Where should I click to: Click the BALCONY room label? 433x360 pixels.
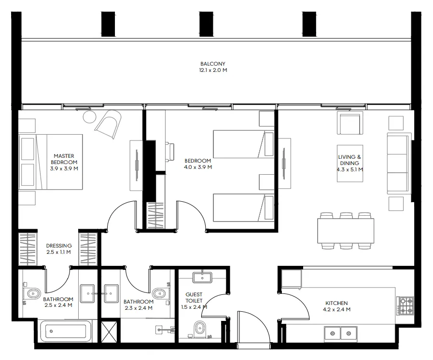point(212,64)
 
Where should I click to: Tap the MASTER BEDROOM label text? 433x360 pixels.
point(64,159)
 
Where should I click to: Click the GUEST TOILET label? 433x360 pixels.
point(194,297)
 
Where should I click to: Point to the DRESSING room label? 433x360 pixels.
point(59,246)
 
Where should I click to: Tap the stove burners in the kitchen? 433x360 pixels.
point(405,305)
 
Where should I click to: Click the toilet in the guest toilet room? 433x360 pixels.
point(198,331)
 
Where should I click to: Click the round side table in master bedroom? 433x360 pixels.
point(90,116)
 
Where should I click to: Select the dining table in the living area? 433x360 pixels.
point(345,231)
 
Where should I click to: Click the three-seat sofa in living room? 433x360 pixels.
point(398,164)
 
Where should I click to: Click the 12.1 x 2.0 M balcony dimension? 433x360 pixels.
point(212,70)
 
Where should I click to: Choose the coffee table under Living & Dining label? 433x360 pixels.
point(350,163)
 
